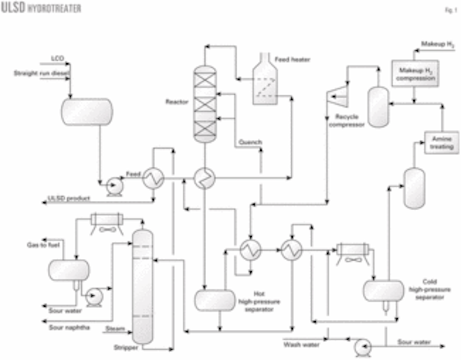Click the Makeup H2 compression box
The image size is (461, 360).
tap(415, 73)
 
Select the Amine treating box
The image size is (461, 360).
tap(441, 142)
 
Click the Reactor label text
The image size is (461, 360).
tap(177, 102)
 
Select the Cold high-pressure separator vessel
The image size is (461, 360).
tap(383, 291)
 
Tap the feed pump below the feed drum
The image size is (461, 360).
tap(114, 187)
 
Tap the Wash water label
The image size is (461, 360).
tap(301, 344)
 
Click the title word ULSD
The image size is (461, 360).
tap(13, 8)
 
